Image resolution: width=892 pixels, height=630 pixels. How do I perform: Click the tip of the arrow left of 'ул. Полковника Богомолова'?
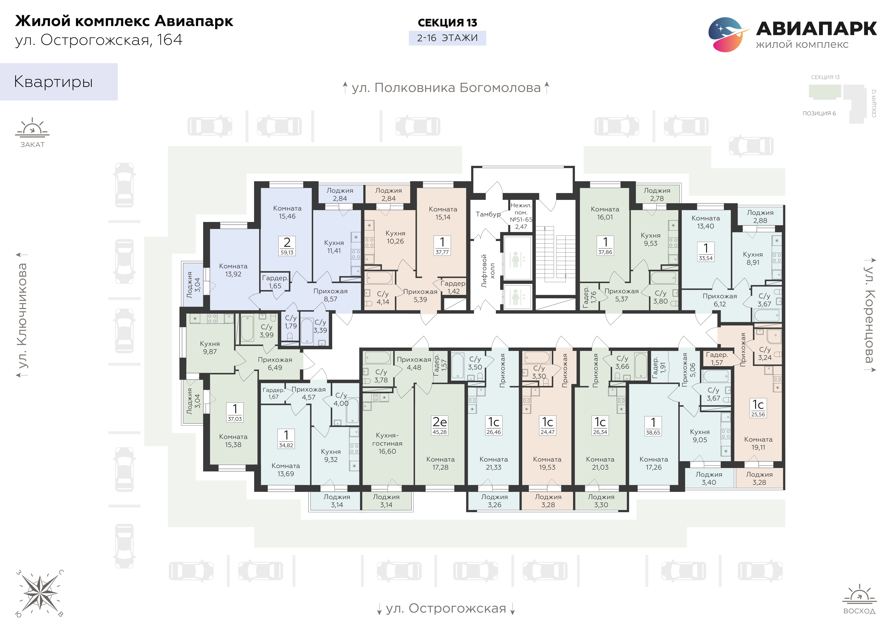[x=345, y=82]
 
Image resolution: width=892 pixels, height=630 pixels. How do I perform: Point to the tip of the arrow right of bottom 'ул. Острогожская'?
[x=512, y=614]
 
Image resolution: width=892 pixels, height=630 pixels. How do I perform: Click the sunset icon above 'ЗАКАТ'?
[x=32, y=127]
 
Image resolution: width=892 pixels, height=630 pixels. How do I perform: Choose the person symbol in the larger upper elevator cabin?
[x=516, y=260]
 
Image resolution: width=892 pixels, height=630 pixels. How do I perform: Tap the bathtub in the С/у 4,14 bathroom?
[x=379, y=278]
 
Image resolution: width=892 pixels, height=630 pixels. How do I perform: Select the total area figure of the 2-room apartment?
[x=287, y=253]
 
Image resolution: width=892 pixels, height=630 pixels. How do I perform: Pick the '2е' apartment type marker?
[x=440, y=422]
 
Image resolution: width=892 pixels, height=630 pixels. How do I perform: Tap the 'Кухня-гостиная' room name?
[x=387, y=439]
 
